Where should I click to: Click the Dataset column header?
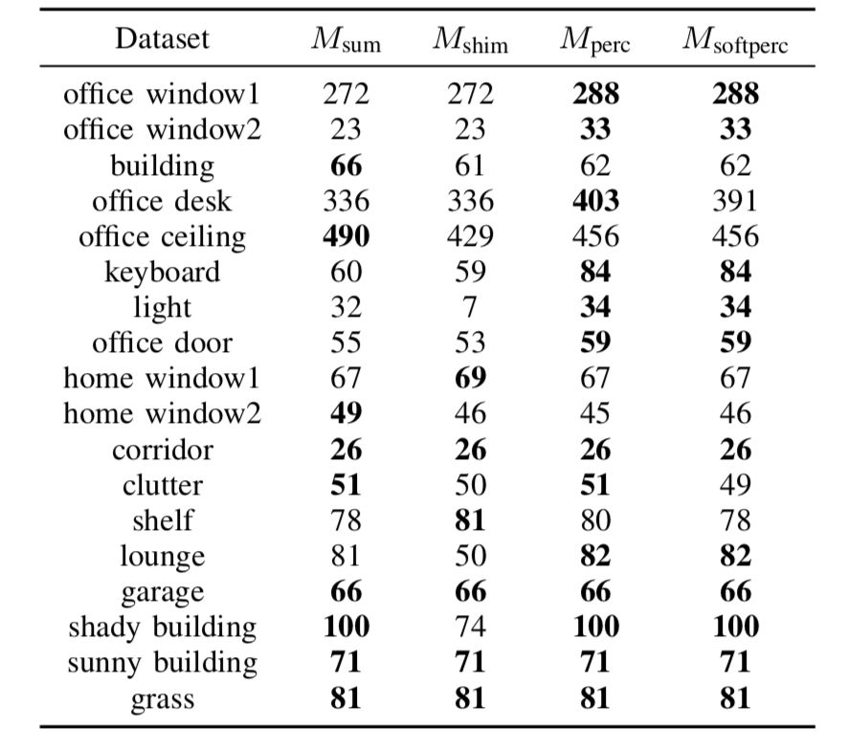pos(163,39)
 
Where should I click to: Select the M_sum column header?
pos(346,40)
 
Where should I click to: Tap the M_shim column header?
pos(471,40)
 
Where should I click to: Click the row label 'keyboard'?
pos(163,272)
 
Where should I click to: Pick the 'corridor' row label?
pos(163,450)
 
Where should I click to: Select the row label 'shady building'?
pos(163,628)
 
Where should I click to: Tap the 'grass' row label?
pos(163,699)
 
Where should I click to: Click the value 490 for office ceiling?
pos(346,236)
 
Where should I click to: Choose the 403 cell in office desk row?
pos(596,201)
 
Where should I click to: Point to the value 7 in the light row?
pos(469,307)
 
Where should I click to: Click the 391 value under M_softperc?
pos(735,201)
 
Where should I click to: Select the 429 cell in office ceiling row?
pos(471,236)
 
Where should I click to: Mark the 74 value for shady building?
pos(471,627)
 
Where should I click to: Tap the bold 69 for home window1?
pos(471,378)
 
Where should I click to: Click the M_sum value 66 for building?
pos(346,165)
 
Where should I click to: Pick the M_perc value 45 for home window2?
pos(595,413)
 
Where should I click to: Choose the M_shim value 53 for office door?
pos(470,342)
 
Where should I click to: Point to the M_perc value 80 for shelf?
pos(595,520)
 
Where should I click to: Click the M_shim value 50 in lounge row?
pos(471,556)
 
